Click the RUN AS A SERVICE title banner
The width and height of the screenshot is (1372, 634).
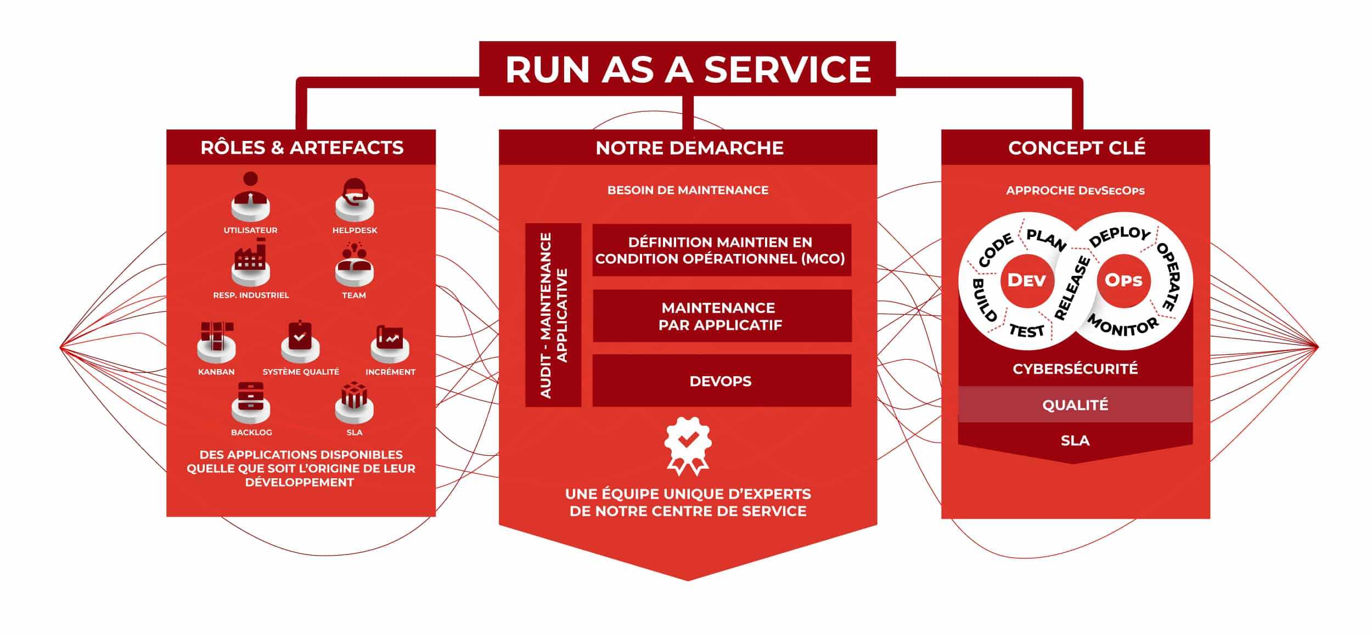click(687, 69)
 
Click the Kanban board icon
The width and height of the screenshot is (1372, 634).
click(216, 341)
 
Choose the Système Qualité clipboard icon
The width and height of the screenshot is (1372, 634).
click(300, 341)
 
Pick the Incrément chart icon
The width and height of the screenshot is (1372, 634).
click(390, 343)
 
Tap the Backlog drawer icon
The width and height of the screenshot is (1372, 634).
click(251, 403)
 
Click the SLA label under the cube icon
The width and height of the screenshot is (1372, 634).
click(355, 432)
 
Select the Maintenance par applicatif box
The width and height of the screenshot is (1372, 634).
click(722, 316)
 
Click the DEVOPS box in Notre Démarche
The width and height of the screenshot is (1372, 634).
click(722, 381)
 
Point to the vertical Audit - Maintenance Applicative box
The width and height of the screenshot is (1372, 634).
click(553, 315)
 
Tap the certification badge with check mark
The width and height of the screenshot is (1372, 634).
click(688, 445)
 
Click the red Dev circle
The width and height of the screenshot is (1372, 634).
click(1027, 280)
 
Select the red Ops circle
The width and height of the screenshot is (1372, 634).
click(1123, 280)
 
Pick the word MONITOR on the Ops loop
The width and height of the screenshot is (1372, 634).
click(1123, 326)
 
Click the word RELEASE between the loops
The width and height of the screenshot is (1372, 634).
click(1072, 288)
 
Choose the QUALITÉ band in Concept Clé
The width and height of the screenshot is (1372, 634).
click(1075, 405)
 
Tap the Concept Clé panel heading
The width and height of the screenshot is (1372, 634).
click(1076, 148)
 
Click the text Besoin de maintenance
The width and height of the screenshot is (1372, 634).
click(688, 190)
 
